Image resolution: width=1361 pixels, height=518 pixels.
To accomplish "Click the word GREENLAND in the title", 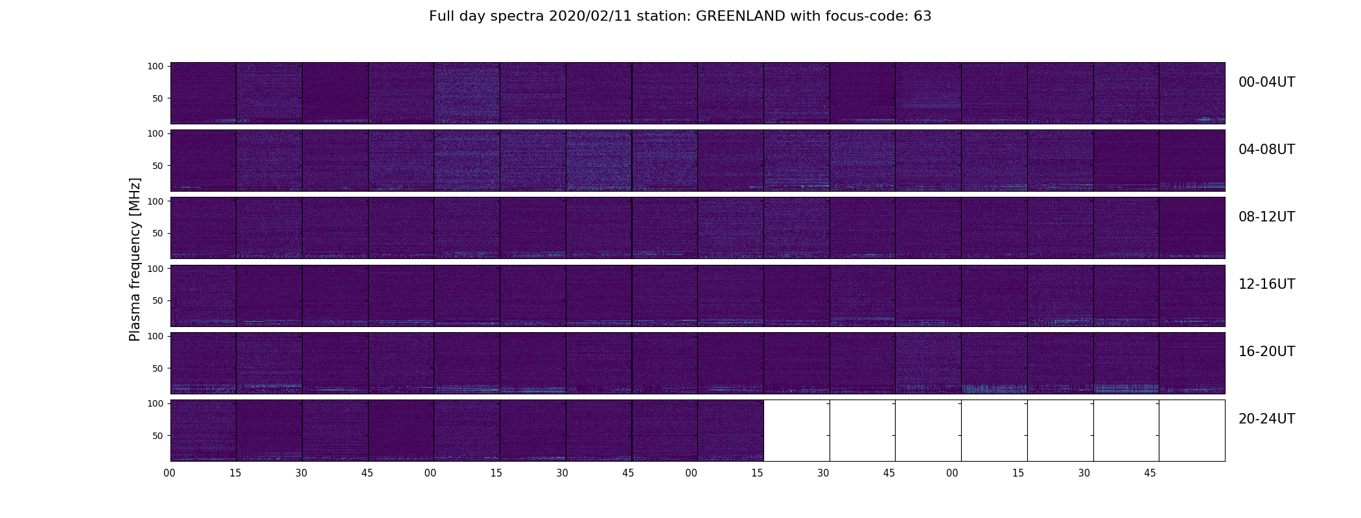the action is point(741,16).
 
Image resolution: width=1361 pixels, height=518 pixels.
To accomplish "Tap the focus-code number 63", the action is point(923,16).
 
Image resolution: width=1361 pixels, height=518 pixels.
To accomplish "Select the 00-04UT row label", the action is point(1266,82).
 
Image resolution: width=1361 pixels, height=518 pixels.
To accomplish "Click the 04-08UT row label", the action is point(1266,150).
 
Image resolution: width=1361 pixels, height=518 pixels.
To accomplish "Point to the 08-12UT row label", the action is point(1266,217).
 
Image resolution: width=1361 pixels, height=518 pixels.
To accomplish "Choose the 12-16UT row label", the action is point(1266,284).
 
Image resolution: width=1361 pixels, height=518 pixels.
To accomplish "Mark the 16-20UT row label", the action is point(1266,352).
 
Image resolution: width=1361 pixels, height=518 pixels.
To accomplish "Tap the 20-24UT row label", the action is point(1266,419).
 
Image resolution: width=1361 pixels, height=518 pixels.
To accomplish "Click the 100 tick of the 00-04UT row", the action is point(156,66).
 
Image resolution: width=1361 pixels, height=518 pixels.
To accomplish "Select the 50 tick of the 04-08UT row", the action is point(158,166).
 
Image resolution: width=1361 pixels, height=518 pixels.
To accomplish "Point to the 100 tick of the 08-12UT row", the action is point(156,201).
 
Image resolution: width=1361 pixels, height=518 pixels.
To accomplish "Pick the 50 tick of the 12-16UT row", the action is point(158,300).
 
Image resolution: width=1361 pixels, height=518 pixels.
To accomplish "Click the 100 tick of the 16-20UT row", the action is point(156,336).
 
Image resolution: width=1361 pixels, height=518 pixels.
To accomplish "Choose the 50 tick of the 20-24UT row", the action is point(158,436).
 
